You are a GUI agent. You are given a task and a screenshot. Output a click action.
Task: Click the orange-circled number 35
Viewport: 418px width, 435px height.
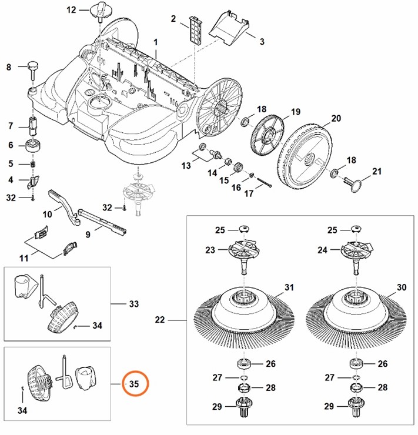click(x=134, y=384)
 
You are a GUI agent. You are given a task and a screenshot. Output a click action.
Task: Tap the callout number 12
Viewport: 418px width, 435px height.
click(x=71, y=10)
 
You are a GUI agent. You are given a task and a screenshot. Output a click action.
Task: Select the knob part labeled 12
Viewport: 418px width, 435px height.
click(x=98, y=11)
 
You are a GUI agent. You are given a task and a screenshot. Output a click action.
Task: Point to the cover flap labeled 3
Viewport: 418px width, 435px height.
click(x=229, y=26)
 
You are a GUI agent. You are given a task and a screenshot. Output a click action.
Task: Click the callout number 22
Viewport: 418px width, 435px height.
click(x=159, y=320)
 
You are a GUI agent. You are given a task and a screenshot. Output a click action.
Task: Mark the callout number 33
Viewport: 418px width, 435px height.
click(x=133, y=304)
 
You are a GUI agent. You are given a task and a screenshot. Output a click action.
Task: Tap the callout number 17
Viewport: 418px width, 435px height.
click(x=249, y=193)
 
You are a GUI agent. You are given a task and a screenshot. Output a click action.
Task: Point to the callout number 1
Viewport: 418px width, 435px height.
click(x=156, y=42)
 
